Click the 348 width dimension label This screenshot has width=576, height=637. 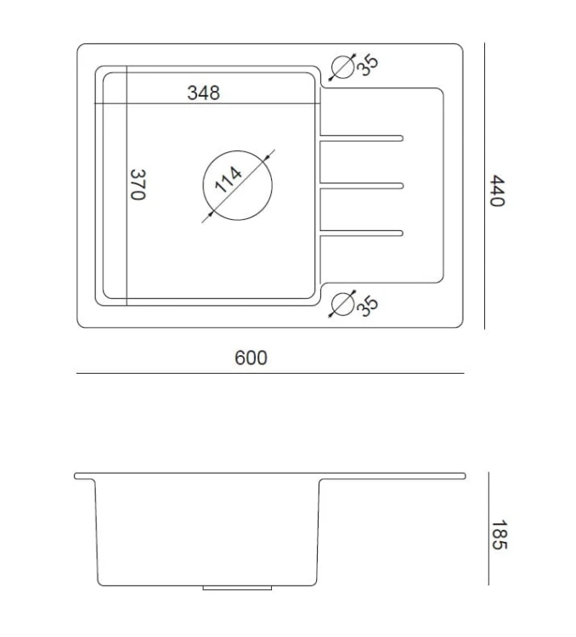[x=203, y=93]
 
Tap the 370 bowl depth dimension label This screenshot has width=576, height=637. [x=138, y=185]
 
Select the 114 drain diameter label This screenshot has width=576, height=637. [x=228, y=179]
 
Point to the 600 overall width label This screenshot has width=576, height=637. [x=251, y=358]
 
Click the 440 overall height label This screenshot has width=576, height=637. [x=497, y=190]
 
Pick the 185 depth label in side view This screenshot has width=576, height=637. [x=500, y=534]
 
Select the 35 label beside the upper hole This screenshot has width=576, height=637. [x=368, y=65]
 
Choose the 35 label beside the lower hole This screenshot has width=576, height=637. [x=368, y=306]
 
